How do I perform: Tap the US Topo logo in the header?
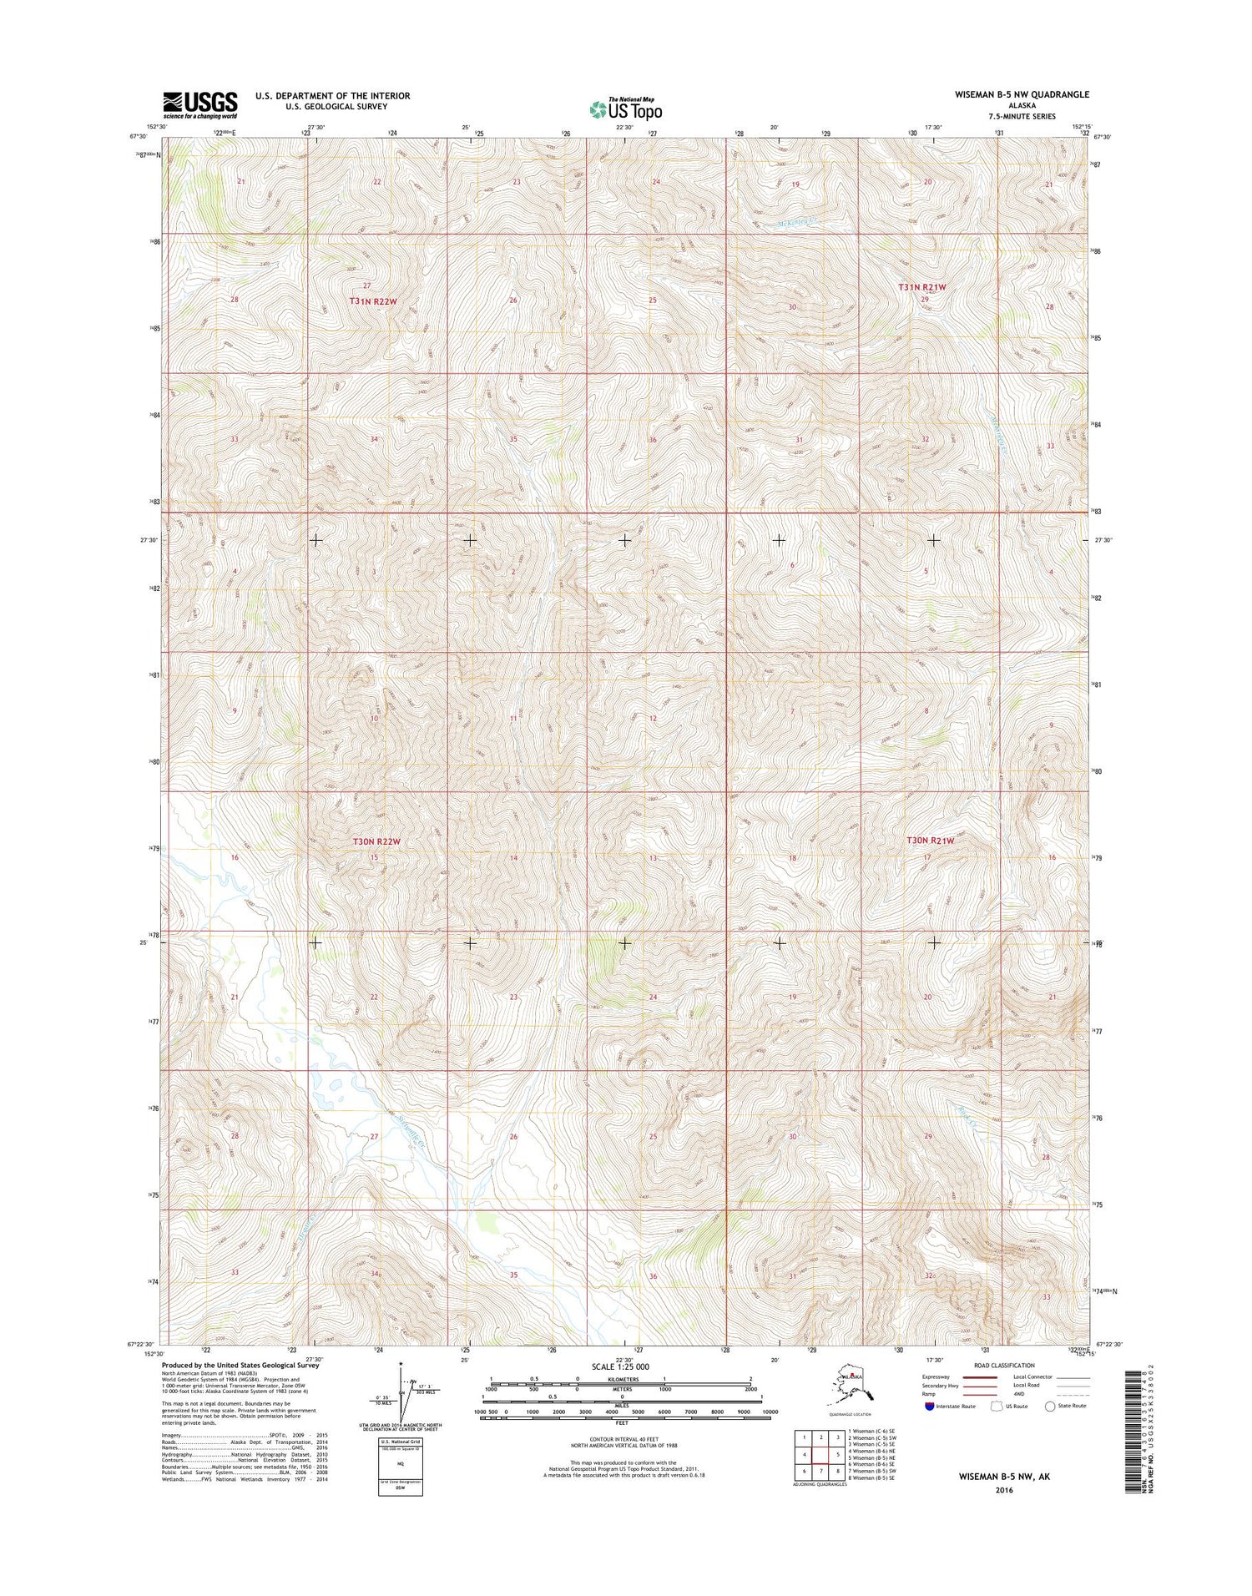tap(625, 109)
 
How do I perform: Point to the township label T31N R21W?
tap(922, 287)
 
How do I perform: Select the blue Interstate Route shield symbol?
tap(930, 1406)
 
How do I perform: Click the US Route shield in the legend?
tap(996, 1406)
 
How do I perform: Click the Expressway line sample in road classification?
tap(981, 1377)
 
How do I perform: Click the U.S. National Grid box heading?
tap(400, 1442)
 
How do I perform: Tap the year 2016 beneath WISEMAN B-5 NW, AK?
tap(1003, 1490)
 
